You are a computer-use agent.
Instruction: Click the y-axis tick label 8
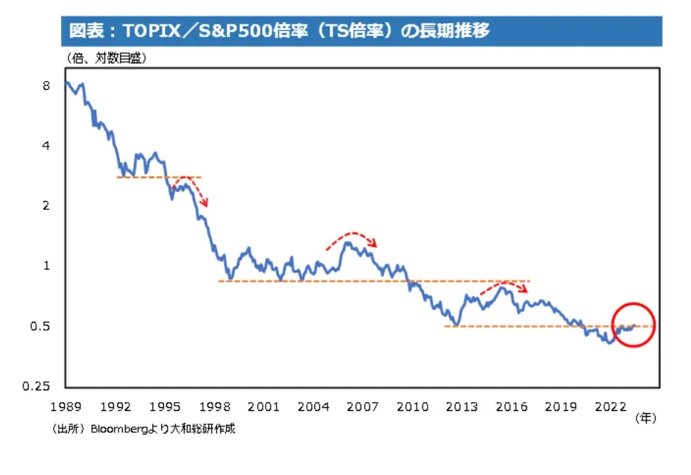pos(46,85)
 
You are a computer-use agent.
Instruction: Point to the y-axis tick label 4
pos(46,146)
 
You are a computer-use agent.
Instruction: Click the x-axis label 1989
pos(65,407)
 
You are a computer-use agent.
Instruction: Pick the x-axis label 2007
pos(363,407)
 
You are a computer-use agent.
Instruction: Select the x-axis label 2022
pos(610,407)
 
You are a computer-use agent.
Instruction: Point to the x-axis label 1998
pos(214,407)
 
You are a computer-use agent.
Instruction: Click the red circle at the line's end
pos(633,325)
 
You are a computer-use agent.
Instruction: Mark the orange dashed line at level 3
pos(158,177)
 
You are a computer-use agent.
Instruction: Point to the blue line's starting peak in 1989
pos(67,82)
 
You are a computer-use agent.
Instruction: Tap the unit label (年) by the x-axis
pos(645,418)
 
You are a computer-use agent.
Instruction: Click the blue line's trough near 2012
pos(457,325)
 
